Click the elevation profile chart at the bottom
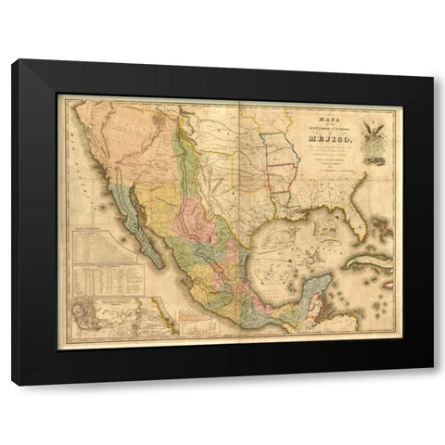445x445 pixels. pyautogui.click(x=195, y=324)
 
